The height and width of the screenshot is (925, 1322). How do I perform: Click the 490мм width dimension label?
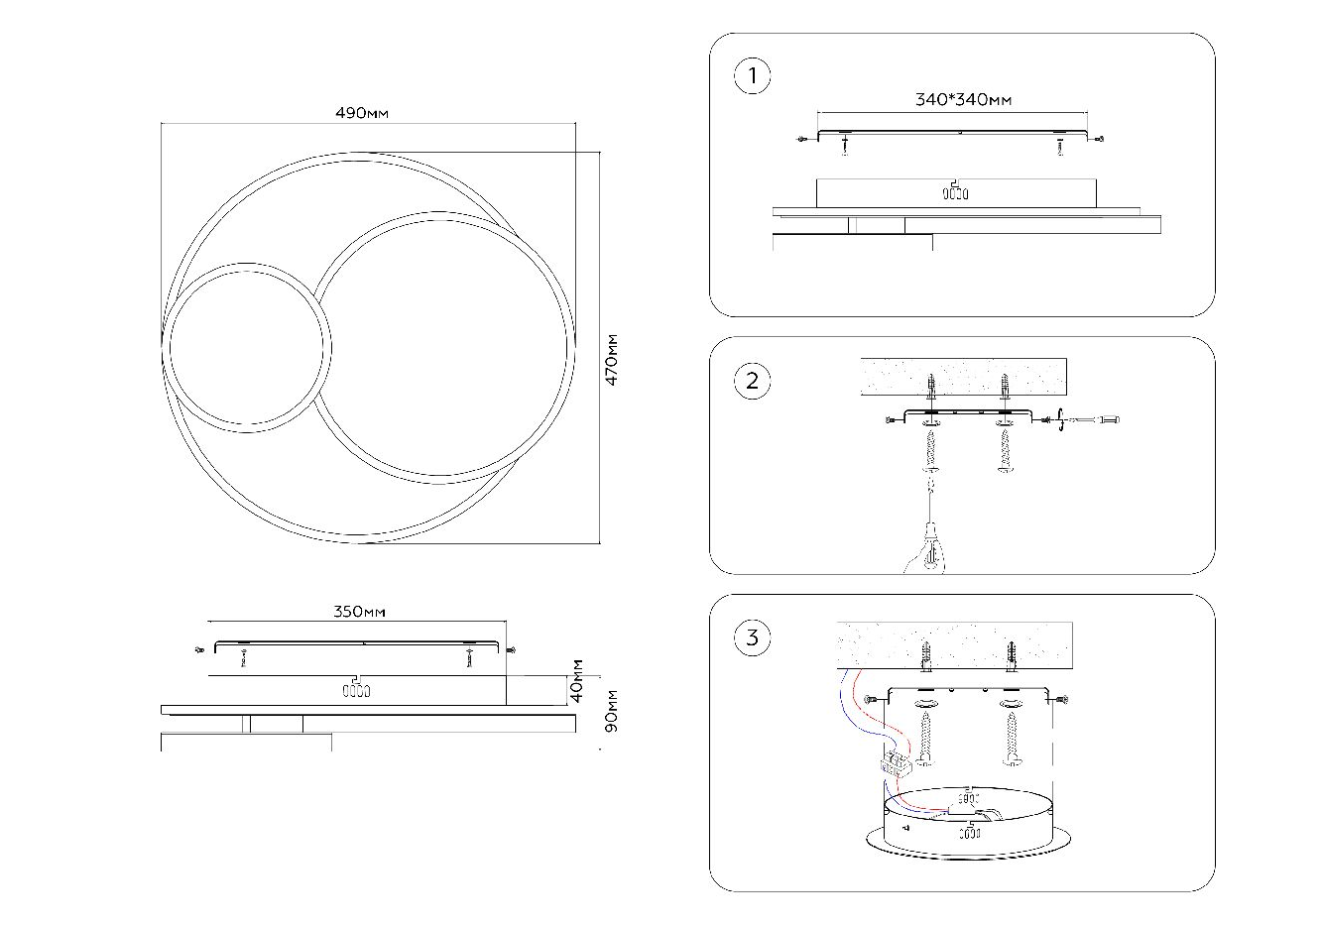click(362, 113)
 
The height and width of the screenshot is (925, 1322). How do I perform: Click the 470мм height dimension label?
click(612, 359)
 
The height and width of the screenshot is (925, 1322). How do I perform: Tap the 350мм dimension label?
click(358, 612)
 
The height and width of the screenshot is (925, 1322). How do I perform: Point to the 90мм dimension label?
click(612, 711)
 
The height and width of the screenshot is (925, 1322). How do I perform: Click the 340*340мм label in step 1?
click(963, 99)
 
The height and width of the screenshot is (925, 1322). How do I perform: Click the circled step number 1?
click(753, 76)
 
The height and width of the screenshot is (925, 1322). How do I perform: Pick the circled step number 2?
click(753, 381)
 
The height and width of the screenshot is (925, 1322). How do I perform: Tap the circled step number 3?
click(753, 637)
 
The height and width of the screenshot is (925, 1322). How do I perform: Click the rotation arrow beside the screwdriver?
click(1063, 420)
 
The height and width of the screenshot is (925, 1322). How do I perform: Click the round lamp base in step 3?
click(968, 823)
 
